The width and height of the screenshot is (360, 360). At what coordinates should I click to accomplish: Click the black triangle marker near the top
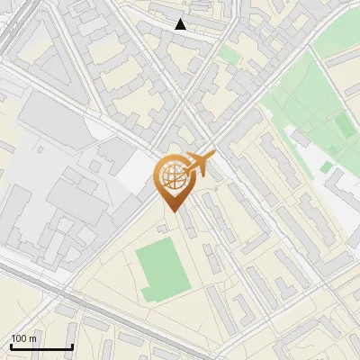click(181, 24)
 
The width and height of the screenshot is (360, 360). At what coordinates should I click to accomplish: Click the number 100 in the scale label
click(19, 338)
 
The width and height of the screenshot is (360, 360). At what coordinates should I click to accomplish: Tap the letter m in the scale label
click(33, 338)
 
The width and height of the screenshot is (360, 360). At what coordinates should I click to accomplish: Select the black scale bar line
click(41, 347)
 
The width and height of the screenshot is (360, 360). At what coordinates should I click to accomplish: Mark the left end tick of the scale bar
click(11, 346)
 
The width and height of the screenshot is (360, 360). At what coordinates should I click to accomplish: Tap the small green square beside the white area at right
click(325, 167)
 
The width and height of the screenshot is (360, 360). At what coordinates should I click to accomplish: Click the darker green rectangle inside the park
click(344, 126)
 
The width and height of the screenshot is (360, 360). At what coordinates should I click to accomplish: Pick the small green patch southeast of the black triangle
click(230, 56)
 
